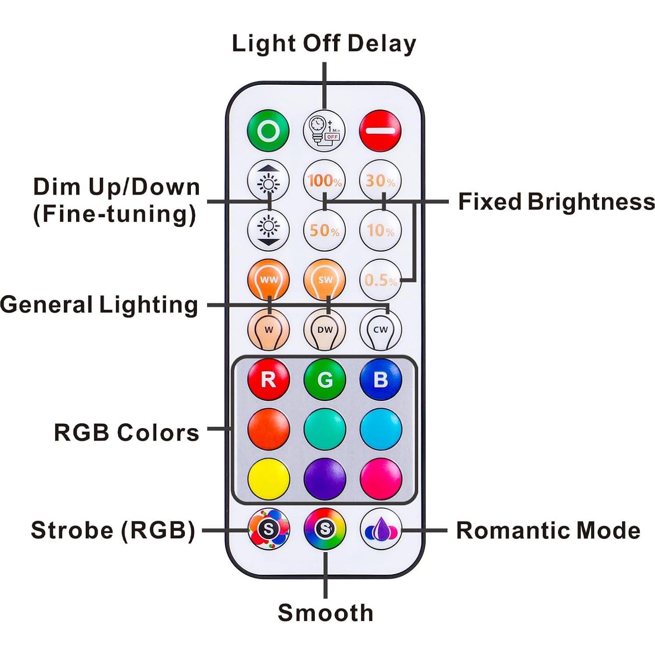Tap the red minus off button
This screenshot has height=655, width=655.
(380, 130)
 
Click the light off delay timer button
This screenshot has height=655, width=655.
(324, 130)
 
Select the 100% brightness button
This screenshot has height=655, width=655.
(324, 180)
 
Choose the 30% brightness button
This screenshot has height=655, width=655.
(380, 180)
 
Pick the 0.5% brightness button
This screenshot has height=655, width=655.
(380, 280)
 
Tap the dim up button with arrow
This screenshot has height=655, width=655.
(268, 180)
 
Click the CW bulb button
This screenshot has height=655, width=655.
(380, 330)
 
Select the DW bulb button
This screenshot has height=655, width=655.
(324, 330)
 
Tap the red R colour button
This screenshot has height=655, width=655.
(268, 379)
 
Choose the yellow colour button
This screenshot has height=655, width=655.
(268, 479)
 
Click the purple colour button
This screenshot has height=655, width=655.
(324, 479)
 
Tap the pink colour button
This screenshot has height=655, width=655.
(380, 479)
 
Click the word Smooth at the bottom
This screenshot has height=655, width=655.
(325, 612)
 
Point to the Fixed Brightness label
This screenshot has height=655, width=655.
(556, 202)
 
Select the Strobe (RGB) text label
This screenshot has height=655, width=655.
(113, 530)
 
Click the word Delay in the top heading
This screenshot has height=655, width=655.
(381, 44)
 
